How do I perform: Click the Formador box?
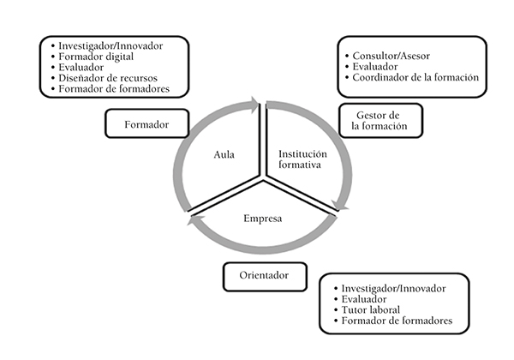pyautogui.click(x=146, y=124)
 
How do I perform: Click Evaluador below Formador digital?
pyautogui.click(x=83, y=67)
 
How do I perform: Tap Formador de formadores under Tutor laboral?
pyautogui.click(x=396, y=322)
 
